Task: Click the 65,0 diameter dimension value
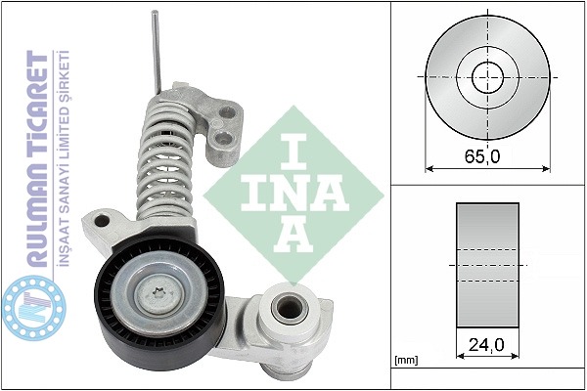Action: pos(482,156)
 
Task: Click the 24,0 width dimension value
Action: pos(486,344)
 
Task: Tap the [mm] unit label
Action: pos(406,361)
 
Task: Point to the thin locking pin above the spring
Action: pos(156,53)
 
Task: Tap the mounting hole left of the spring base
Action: pos(102,221)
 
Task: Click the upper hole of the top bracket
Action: pos(227,111)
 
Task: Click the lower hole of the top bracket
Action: pos(224,138)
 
